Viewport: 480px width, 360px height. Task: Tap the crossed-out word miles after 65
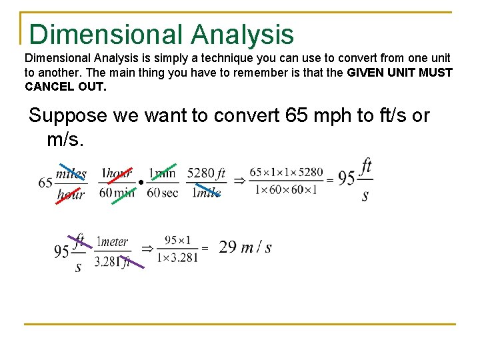pyautogui.click(x=71, y=173)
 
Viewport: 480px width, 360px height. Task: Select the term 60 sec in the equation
pyautogui.click(x=163, y=193)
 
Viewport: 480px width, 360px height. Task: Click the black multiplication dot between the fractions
pyautogui.click(x=141, y=183)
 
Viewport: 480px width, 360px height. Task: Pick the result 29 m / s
pyautogui.click(x=245, y=247)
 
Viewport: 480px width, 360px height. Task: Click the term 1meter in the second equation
pyautogui.click(x=112, y=242)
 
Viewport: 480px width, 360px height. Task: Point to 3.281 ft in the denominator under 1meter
pyautogui.click(x=112, y=262)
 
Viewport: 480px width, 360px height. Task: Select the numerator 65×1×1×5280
pyautogui.click(x=286, y=173)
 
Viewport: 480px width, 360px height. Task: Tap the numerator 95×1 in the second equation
pyautogui.click(x=177, y=240)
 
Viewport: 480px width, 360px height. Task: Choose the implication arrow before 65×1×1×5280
pyautogui.click(x=238, y=181)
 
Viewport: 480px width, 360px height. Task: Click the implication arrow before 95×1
pyautogui.click(x=147, y=248)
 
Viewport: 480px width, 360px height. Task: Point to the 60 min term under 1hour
pyautogui.click(x=116, y=193)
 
